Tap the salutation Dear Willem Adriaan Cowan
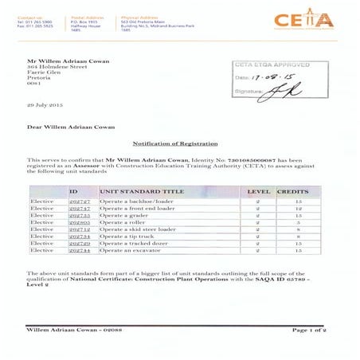coord(72,127)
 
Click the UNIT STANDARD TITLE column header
coord(133,192)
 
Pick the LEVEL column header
coord(259,192)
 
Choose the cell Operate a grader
coord(123,215)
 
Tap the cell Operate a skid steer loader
coord(135,229)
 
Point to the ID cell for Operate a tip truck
coord(80,237)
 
